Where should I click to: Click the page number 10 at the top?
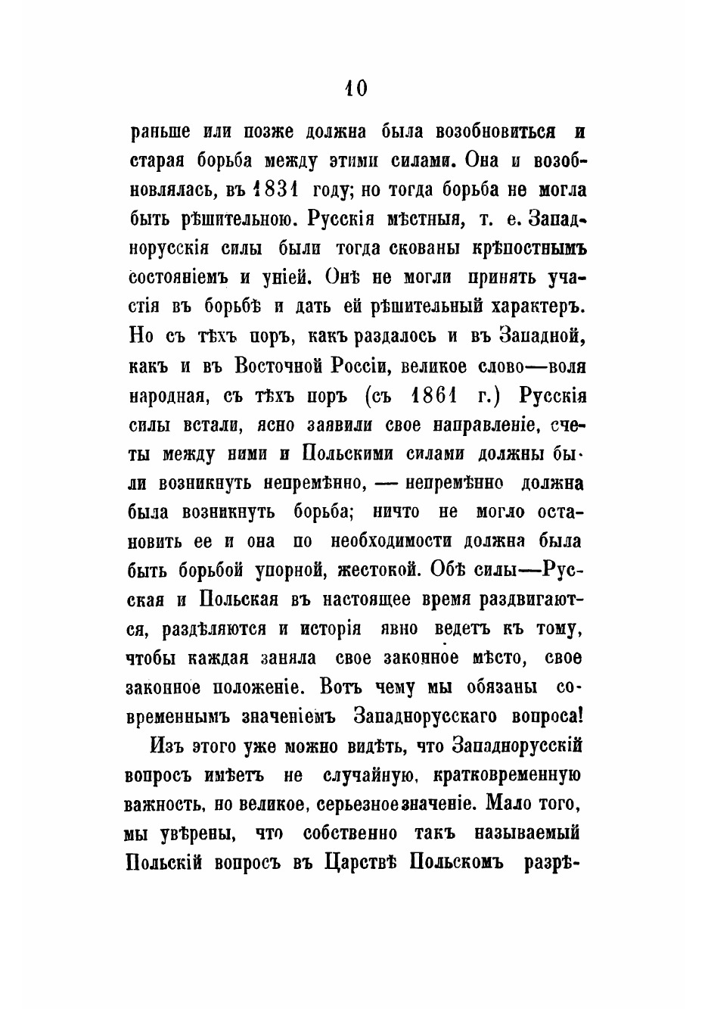pos(354,89)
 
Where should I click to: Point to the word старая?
pos(156,160)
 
